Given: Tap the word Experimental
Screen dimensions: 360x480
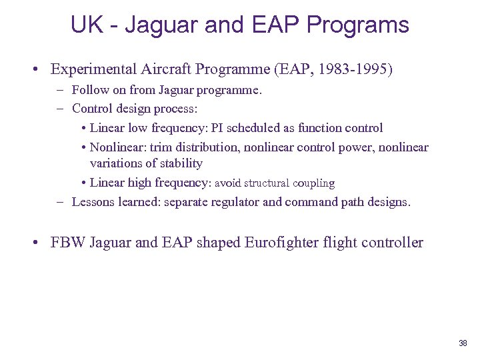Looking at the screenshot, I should click(x=93, y=69).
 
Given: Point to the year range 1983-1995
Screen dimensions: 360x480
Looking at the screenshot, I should click(x=355, y=69).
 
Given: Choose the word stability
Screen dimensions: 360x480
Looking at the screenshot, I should click(x=180, y=163).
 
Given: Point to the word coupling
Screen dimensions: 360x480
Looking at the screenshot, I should click(x=315, y=183).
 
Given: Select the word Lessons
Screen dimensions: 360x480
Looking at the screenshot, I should click(x=93, y=201).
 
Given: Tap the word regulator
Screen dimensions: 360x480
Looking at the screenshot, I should click(x=235, y=201).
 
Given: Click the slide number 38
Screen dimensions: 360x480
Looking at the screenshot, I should click(x=463, y=343).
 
